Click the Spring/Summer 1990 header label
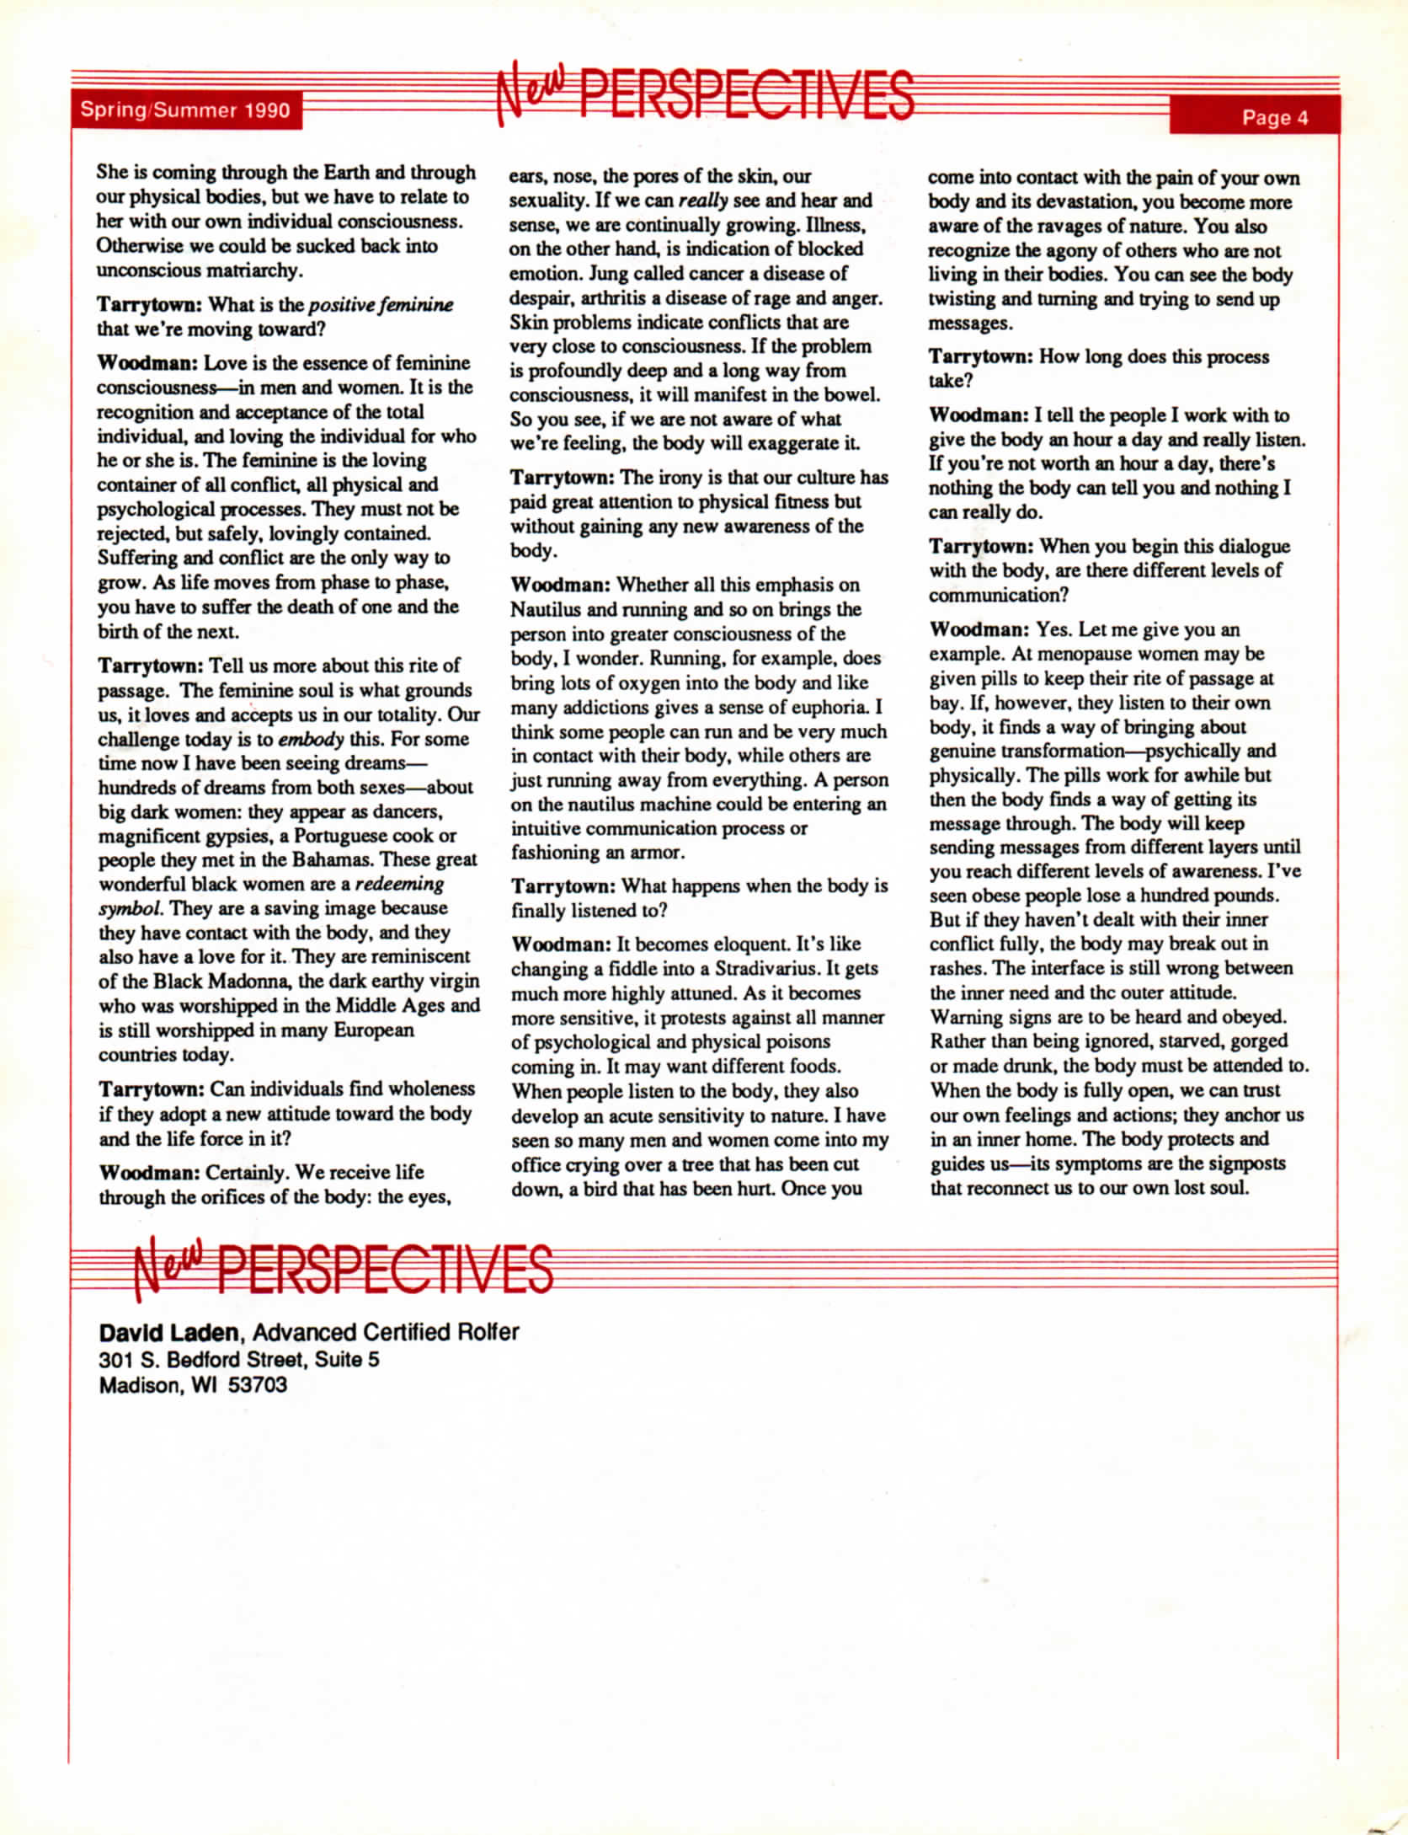[185, 110]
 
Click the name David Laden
[169, 1332]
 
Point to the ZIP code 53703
[258, 1385]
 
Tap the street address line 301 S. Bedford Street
[238, 1359]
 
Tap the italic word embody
[311, 739]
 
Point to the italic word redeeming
[399, 885]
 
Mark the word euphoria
[828, 707]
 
